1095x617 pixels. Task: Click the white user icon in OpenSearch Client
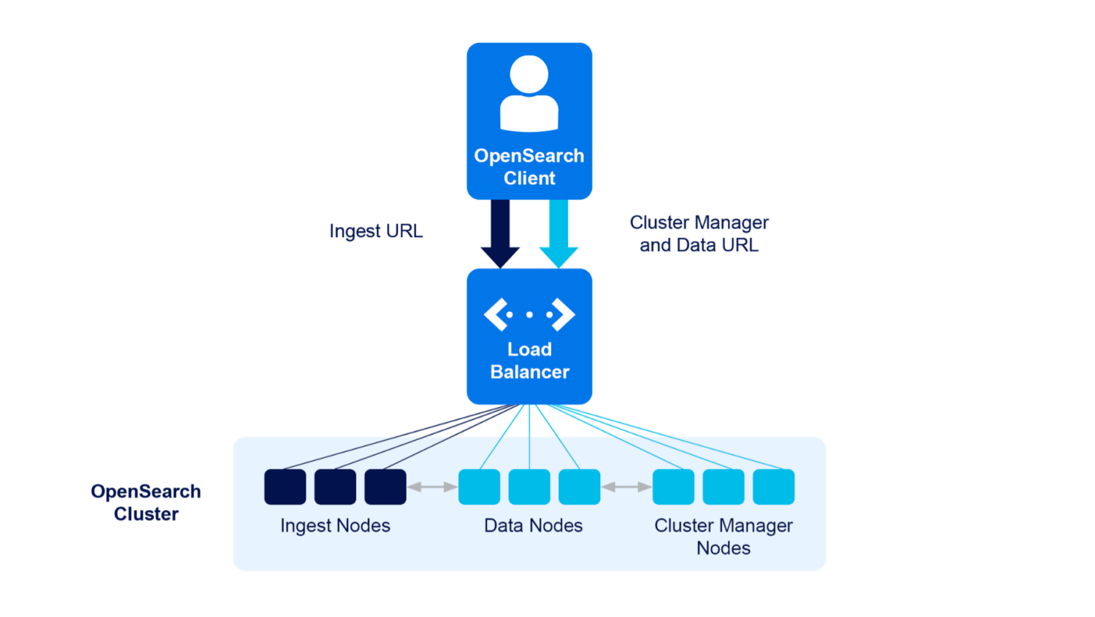529,93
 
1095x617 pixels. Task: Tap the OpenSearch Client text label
529,167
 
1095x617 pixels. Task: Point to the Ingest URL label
376,231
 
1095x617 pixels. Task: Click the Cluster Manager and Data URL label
699,233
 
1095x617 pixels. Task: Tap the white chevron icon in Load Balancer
529,314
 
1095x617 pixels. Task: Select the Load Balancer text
529,360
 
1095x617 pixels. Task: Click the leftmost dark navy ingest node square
285,486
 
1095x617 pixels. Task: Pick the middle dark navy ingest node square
335,486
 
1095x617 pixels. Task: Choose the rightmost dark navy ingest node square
385,486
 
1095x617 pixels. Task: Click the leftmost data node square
479,486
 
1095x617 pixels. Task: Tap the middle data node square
529,486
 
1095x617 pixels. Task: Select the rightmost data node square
579,486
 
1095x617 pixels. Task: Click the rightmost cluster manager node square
774,486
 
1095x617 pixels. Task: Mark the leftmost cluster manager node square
673,486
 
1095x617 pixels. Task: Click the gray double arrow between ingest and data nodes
432,486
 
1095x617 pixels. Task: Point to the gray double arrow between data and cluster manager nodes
626,486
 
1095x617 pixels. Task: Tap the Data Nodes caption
533,526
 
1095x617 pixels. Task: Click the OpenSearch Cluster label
146,502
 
